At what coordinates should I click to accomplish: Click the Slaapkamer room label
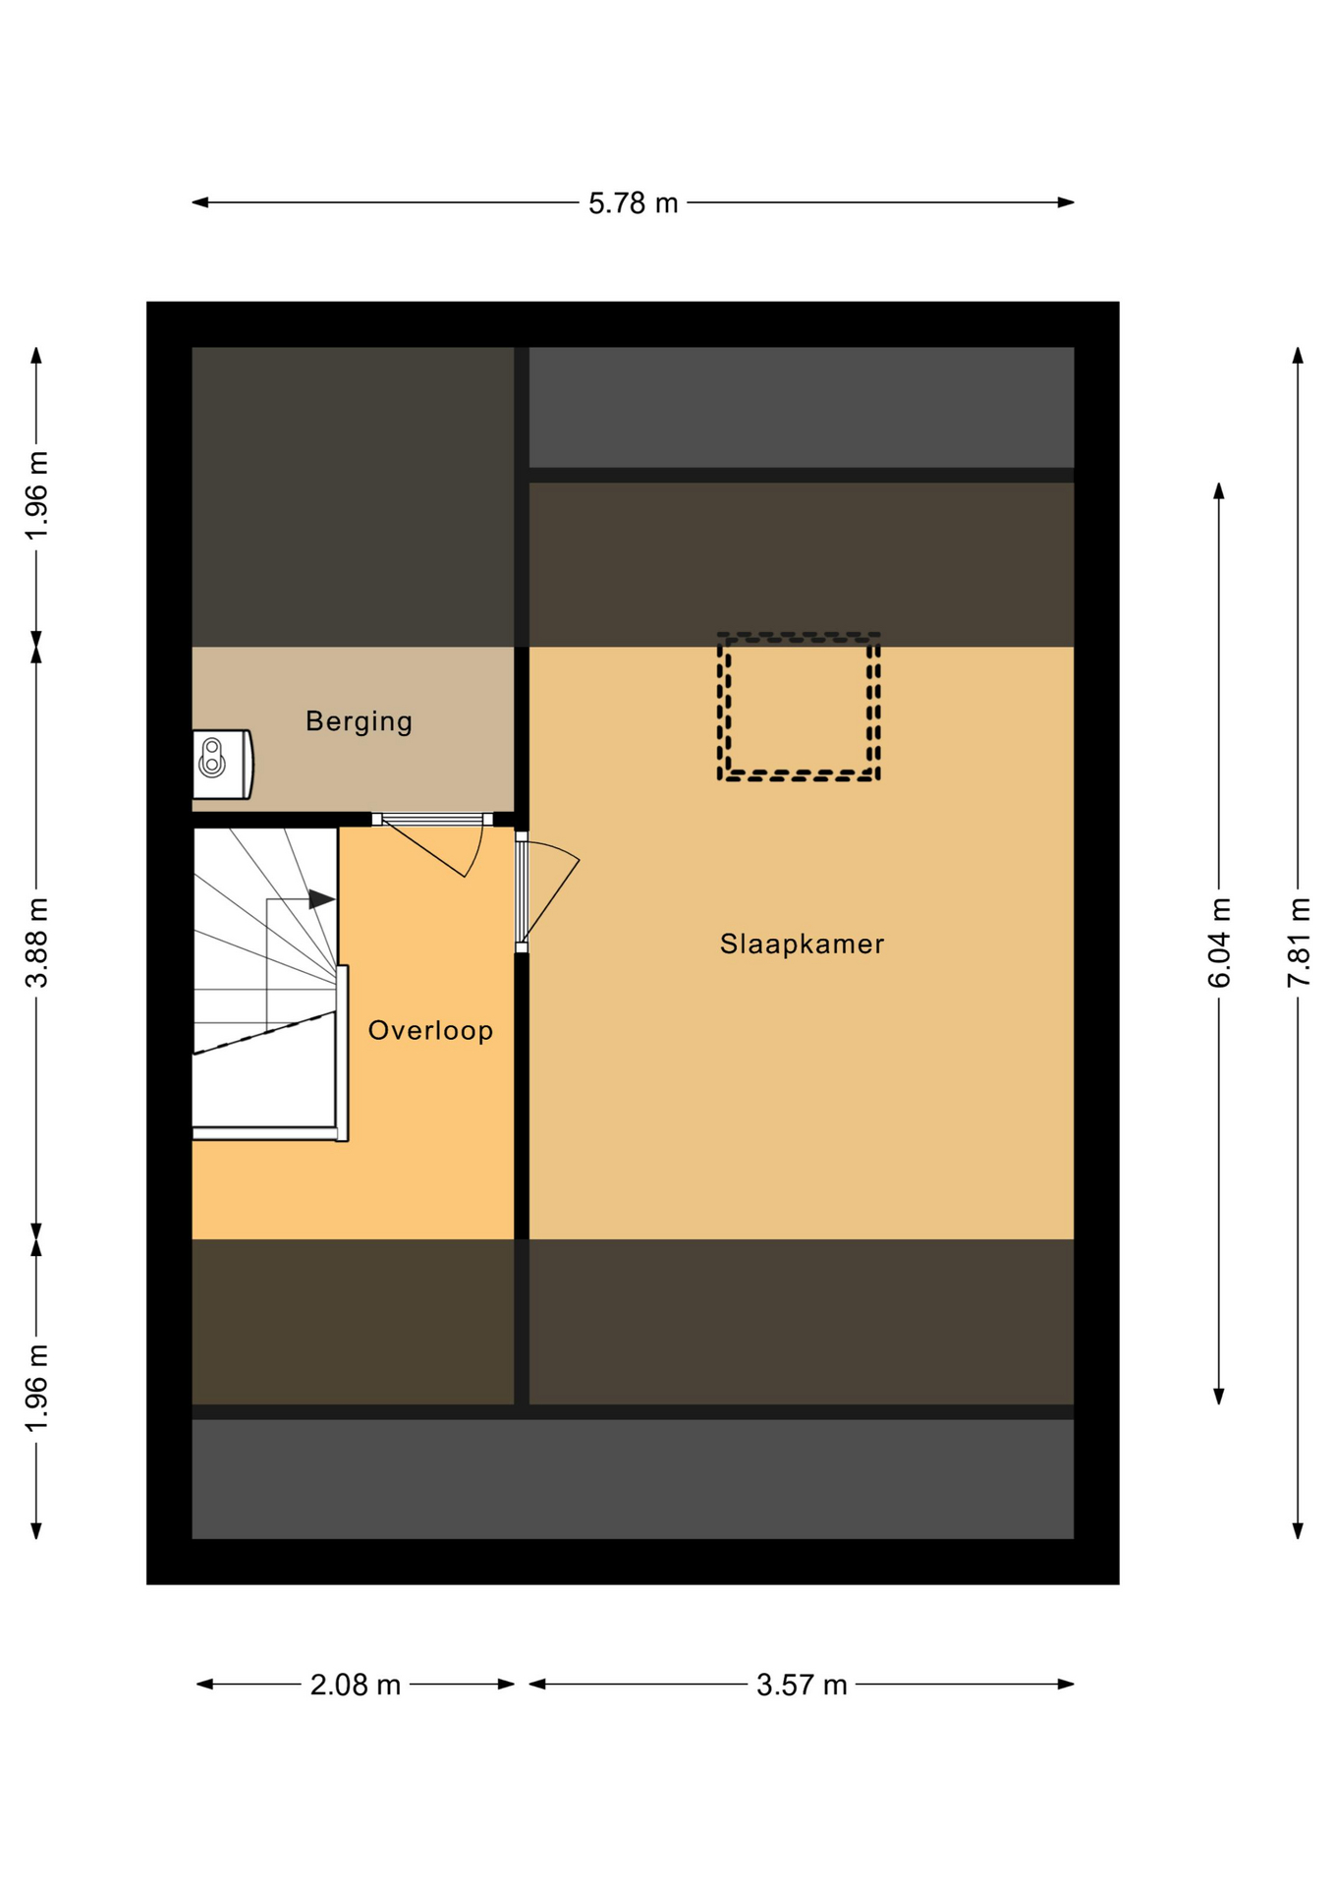click(802, 944)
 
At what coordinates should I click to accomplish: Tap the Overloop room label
click(430, 1031)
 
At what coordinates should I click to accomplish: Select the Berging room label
click(359, 721)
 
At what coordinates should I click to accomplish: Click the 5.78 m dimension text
click(633, 203)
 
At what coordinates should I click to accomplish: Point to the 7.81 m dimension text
click(1298, 942)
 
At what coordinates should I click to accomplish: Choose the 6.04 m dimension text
click(1219, 942)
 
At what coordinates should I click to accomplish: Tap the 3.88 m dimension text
click(36, 942)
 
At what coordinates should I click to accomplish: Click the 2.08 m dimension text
click(355, 1686)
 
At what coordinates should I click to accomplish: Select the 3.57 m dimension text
click(801, 1686)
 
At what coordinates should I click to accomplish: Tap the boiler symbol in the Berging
click(222, 764)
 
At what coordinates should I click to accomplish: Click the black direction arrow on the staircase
click(321, 898)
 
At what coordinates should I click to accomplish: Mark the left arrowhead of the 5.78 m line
click(199, 202)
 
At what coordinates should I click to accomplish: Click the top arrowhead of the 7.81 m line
click(1298, 355)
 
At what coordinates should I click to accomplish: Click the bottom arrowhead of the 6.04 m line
click(1219, 1397)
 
